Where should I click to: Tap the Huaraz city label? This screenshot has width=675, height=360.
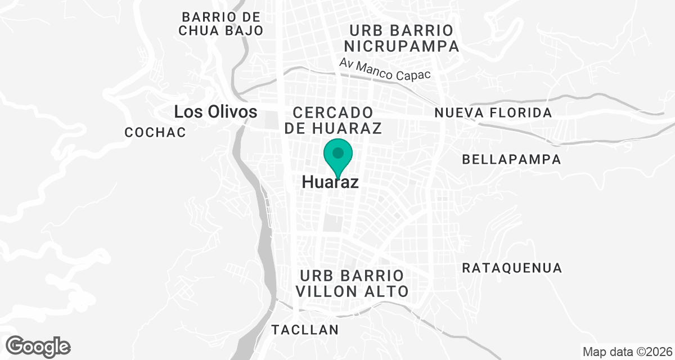click(330, 183)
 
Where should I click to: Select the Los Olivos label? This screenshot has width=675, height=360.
click(215, 112)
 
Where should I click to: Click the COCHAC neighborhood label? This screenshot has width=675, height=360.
click(155, 133)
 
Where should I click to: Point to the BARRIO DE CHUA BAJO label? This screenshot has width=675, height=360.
click(221, 24)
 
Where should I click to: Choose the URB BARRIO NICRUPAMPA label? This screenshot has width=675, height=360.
click(401, 38)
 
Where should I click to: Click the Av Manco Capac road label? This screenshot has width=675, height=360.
click(385, 70)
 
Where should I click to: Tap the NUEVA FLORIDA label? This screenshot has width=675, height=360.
click(493, 113)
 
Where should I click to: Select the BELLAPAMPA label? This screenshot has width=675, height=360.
click(511, 160)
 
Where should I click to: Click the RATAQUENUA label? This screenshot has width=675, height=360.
click(512, 268)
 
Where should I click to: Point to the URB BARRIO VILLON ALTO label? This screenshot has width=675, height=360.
click(353, 283)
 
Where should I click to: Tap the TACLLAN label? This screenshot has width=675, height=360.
click(305, 330)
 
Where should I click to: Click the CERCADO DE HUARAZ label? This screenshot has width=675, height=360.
click(333, 120)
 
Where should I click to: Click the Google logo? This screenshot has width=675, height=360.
click(38, 346)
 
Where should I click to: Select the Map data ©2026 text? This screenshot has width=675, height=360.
click(627, 352)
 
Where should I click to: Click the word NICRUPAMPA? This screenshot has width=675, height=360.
click(401, 46)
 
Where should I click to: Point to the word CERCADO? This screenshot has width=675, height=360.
click(333, 112)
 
